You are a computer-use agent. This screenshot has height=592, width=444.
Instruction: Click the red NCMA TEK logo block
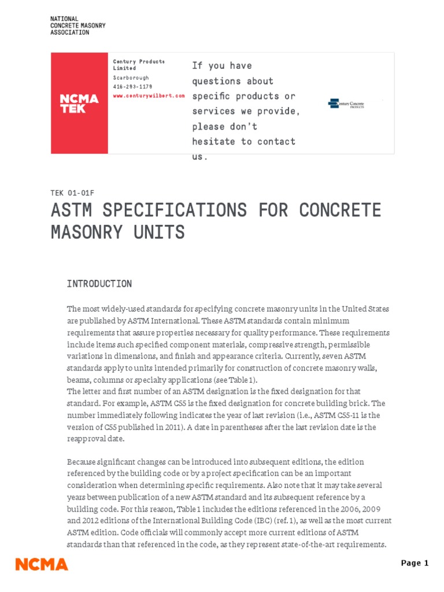click(x=79, y=103)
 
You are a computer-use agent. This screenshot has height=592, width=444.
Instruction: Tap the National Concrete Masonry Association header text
click(x=78, y=26)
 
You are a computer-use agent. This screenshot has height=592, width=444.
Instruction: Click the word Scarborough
click(x=131, y=78)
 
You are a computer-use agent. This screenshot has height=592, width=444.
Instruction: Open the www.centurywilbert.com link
click(x=149, y=95)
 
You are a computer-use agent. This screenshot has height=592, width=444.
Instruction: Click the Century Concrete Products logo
click(x=346, y=104)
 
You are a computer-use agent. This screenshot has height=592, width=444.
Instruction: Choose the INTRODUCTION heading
click(x=99, y=284)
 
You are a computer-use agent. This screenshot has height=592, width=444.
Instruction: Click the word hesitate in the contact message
click(x=214, y=142)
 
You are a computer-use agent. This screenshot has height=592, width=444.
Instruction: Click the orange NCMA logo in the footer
click(x=42, y=564)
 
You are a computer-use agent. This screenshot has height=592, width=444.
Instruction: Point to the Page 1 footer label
click(x=415, y=564)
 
